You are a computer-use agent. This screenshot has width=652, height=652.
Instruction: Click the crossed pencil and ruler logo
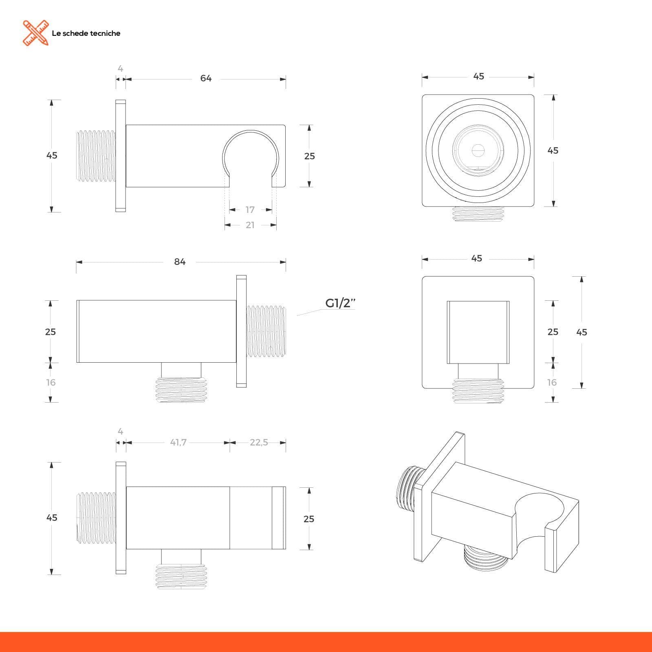click(35, 33)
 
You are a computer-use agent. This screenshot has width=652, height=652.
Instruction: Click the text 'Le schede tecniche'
click(86, 33)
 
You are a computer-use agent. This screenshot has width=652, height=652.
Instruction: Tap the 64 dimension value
click(206, 78)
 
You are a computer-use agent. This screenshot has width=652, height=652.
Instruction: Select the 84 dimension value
click(180, 262)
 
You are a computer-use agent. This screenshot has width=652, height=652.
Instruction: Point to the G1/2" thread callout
click(340, 303)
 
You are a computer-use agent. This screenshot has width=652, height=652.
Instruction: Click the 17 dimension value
click(250, 210)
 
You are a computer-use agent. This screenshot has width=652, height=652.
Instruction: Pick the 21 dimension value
click(250, 225)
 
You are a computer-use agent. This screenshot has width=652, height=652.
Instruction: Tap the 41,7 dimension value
click(178, 442)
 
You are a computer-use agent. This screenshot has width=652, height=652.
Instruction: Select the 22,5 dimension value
click(259, 442)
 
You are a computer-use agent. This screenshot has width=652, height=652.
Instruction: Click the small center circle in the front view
click(478, 150)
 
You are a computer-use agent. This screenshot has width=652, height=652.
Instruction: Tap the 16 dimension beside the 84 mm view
click(51, 382)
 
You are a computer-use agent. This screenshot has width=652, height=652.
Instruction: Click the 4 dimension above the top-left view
click(120, 68)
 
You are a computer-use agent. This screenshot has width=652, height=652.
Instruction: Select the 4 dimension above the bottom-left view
click(120, 431)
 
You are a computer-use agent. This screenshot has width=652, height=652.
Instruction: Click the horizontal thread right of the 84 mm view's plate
click(266, 331)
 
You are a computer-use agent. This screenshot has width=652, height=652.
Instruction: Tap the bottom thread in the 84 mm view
click(181, 390)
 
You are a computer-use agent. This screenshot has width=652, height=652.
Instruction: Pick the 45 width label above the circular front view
click(479, 76)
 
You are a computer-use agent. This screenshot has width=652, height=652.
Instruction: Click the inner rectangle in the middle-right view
click(478, 332)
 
